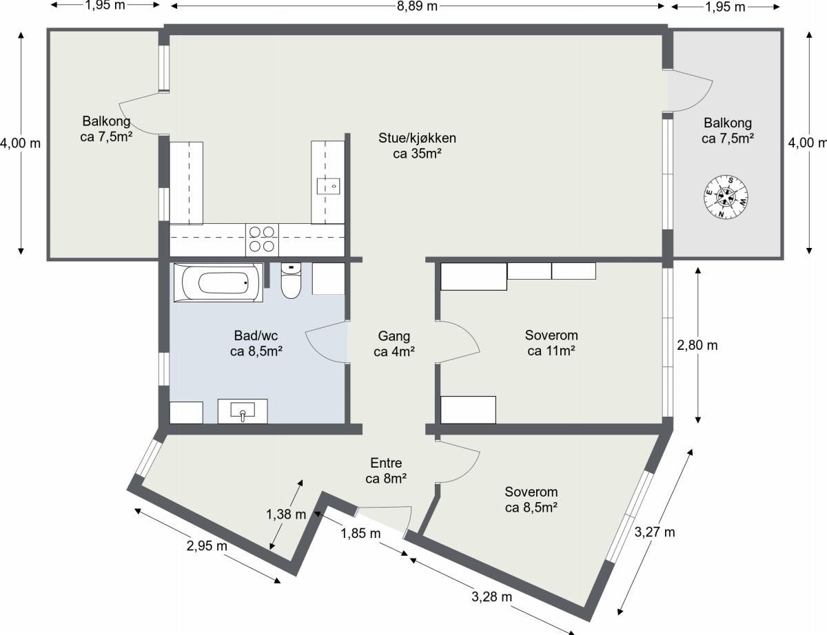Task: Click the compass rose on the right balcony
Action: tap(726, 197)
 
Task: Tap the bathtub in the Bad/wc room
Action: tap(218, 283)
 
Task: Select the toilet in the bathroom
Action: tap(291, 280)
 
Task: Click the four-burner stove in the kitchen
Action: tap(262, 240)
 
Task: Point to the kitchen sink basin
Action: tap(328, 187)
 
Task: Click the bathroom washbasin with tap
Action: tap(243, 411)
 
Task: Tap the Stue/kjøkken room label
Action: tap(417, 145)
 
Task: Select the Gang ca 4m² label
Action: tap(394, 344)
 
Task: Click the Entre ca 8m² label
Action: tap(386, 470)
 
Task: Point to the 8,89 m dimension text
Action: tap(417, 6)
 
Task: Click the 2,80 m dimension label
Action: tap(697, 345)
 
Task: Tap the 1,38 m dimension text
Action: tap(286, 514)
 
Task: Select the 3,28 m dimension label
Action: tap(491, 596)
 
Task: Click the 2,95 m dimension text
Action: tap(207, 546)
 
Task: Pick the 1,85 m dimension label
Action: tap(360, 534)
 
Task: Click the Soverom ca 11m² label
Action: tap(551, 342)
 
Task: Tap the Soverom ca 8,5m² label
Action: tap(531, 499)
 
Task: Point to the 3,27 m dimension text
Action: tap(655, 532)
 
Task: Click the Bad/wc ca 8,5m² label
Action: tap(256, 344)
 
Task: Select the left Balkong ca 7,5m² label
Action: tap(106, 129)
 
